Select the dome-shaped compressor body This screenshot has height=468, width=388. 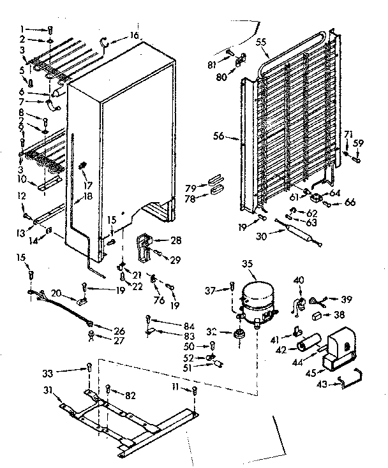(258, 296)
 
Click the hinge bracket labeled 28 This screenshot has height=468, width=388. (146, 246)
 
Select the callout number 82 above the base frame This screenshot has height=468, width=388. (131, 396)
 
